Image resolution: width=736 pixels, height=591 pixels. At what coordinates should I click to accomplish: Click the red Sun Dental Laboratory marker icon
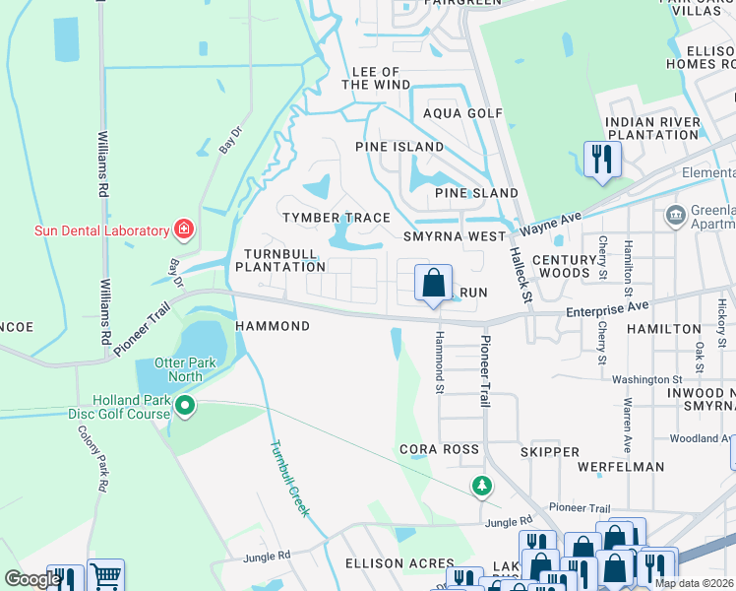[183, 230]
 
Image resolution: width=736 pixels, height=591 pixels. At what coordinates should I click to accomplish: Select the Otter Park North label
[178, 368]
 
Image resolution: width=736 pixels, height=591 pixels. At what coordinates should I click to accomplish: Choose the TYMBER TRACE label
[336, 218]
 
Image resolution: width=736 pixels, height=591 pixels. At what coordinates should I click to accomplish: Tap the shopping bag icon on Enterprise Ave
[433, 285]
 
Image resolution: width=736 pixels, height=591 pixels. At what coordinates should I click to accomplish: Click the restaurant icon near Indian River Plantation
[602, 159]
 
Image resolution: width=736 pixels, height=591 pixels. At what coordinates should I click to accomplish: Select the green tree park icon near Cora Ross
[481, 486]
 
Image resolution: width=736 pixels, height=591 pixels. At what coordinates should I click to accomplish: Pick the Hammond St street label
[440, 361]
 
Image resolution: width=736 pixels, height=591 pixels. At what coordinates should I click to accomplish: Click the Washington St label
[646, 378]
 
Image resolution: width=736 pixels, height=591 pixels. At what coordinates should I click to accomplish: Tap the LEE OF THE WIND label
[376, 79]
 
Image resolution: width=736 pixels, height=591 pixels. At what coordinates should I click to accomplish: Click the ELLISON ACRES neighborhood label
[387, 563]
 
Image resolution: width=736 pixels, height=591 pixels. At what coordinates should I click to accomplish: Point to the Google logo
[32, 579]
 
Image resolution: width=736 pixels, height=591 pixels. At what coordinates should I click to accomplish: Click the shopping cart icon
[105, 576]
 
